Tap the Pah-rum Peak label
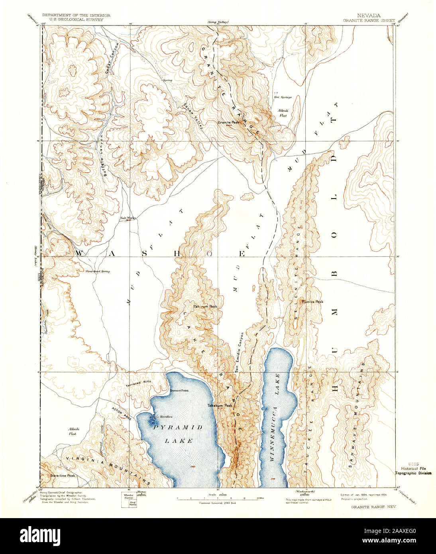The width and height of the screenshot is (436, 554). (205, 306)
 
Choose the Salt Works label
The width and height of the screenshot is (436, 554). (128, 218)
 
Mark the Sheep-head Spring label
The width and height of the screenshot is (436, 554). (97, 271)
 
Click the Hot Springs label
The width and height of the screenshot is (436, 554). (283, 97)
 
